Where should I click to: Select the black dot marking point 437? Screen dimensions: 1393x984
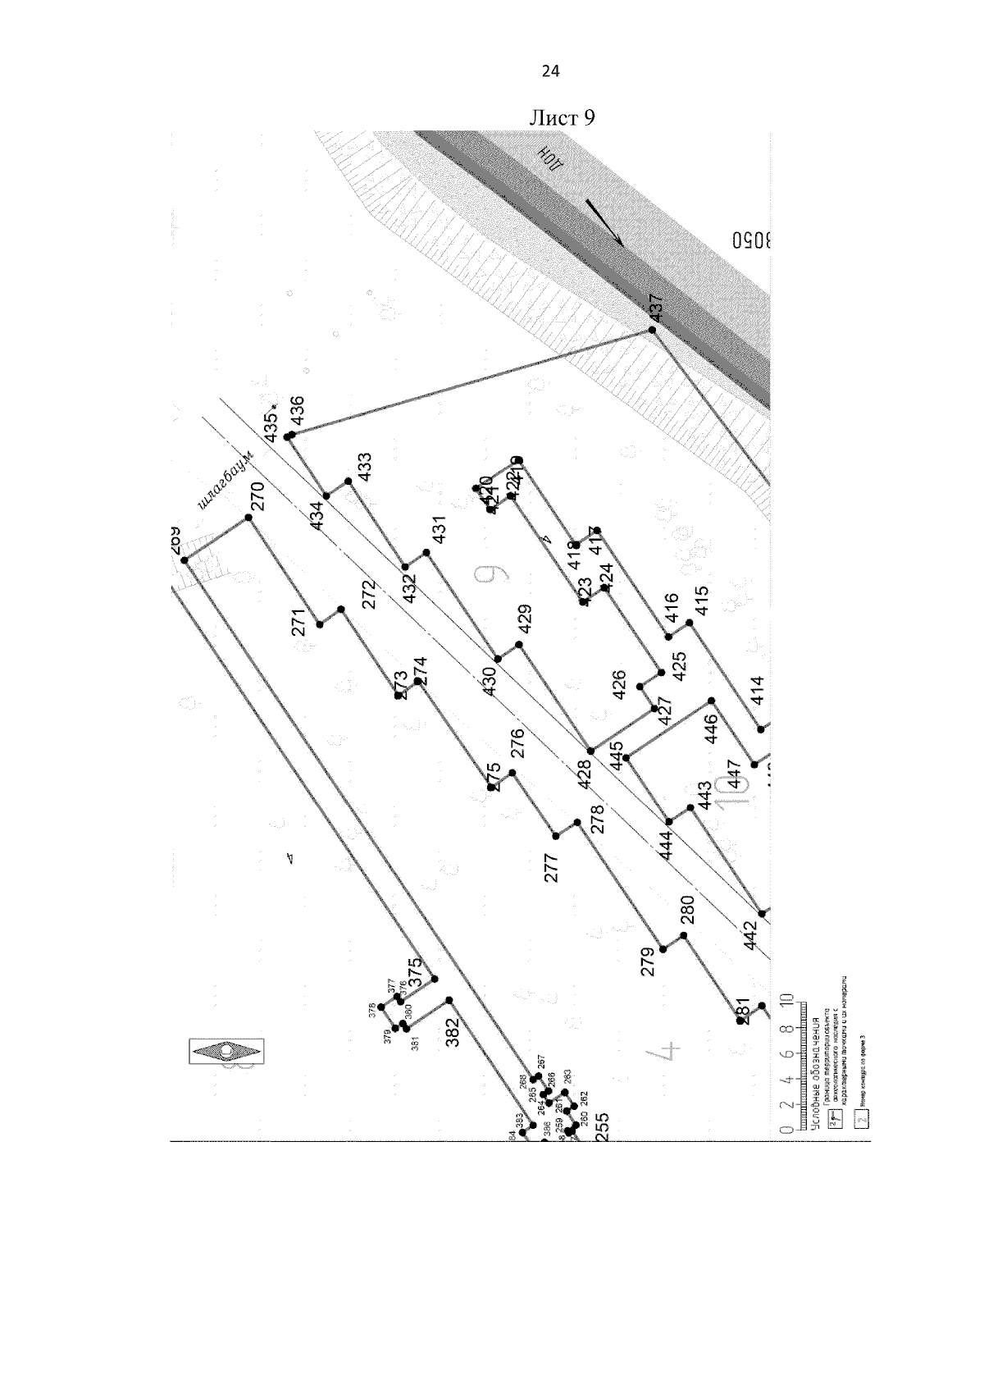[x=653, y=330]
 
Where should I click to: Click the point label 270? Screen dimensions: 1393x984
[x=258, y=498]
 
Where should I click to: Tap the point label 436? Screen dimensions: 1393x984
[x=297, y=411]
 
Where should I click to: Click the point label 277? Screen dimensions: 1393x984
[x=551, y=868]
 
